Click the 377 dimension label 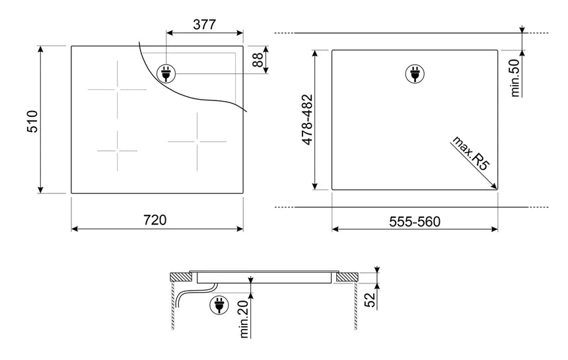(204, 24)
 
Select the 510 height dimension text (32, 121)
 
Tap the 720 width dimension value (155, 219)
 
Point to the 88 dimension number (257, 59)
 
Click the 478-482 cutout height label (307, 120)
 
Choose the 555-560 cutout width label (415, 221)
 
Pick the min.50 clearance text (515, 78)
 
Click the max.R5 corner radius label (470, 153)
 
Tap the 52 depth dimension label (371, 300)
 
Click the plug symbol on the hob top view (166, 73)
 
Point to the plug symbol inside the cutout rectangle (415, 73)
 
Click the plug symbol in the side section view (219, 305)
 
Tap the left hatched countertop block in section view (181, 277)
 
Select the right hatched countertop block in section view (347, 277)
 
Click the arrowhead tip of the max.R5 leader (497, 189)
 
